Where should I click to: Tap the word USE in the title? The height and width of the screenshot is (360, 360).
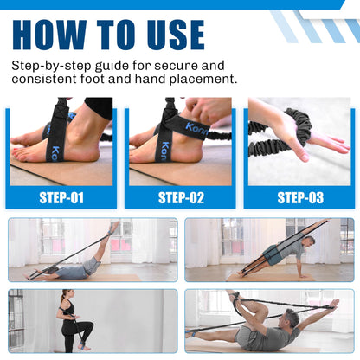point(176,35)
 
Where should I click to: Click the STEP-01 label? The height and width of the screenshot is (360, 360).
point(61,198)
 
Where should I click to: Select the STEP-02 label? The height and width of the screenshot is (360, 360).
point(181,198)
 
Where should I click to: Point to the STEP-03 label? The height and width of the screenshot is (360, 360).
point(300,198)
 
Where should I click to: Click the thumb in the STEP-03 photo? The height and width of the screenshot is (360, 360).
point(301,153)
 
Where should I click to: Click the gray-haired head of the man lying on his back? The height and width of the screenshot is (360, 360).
point(292,318)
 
